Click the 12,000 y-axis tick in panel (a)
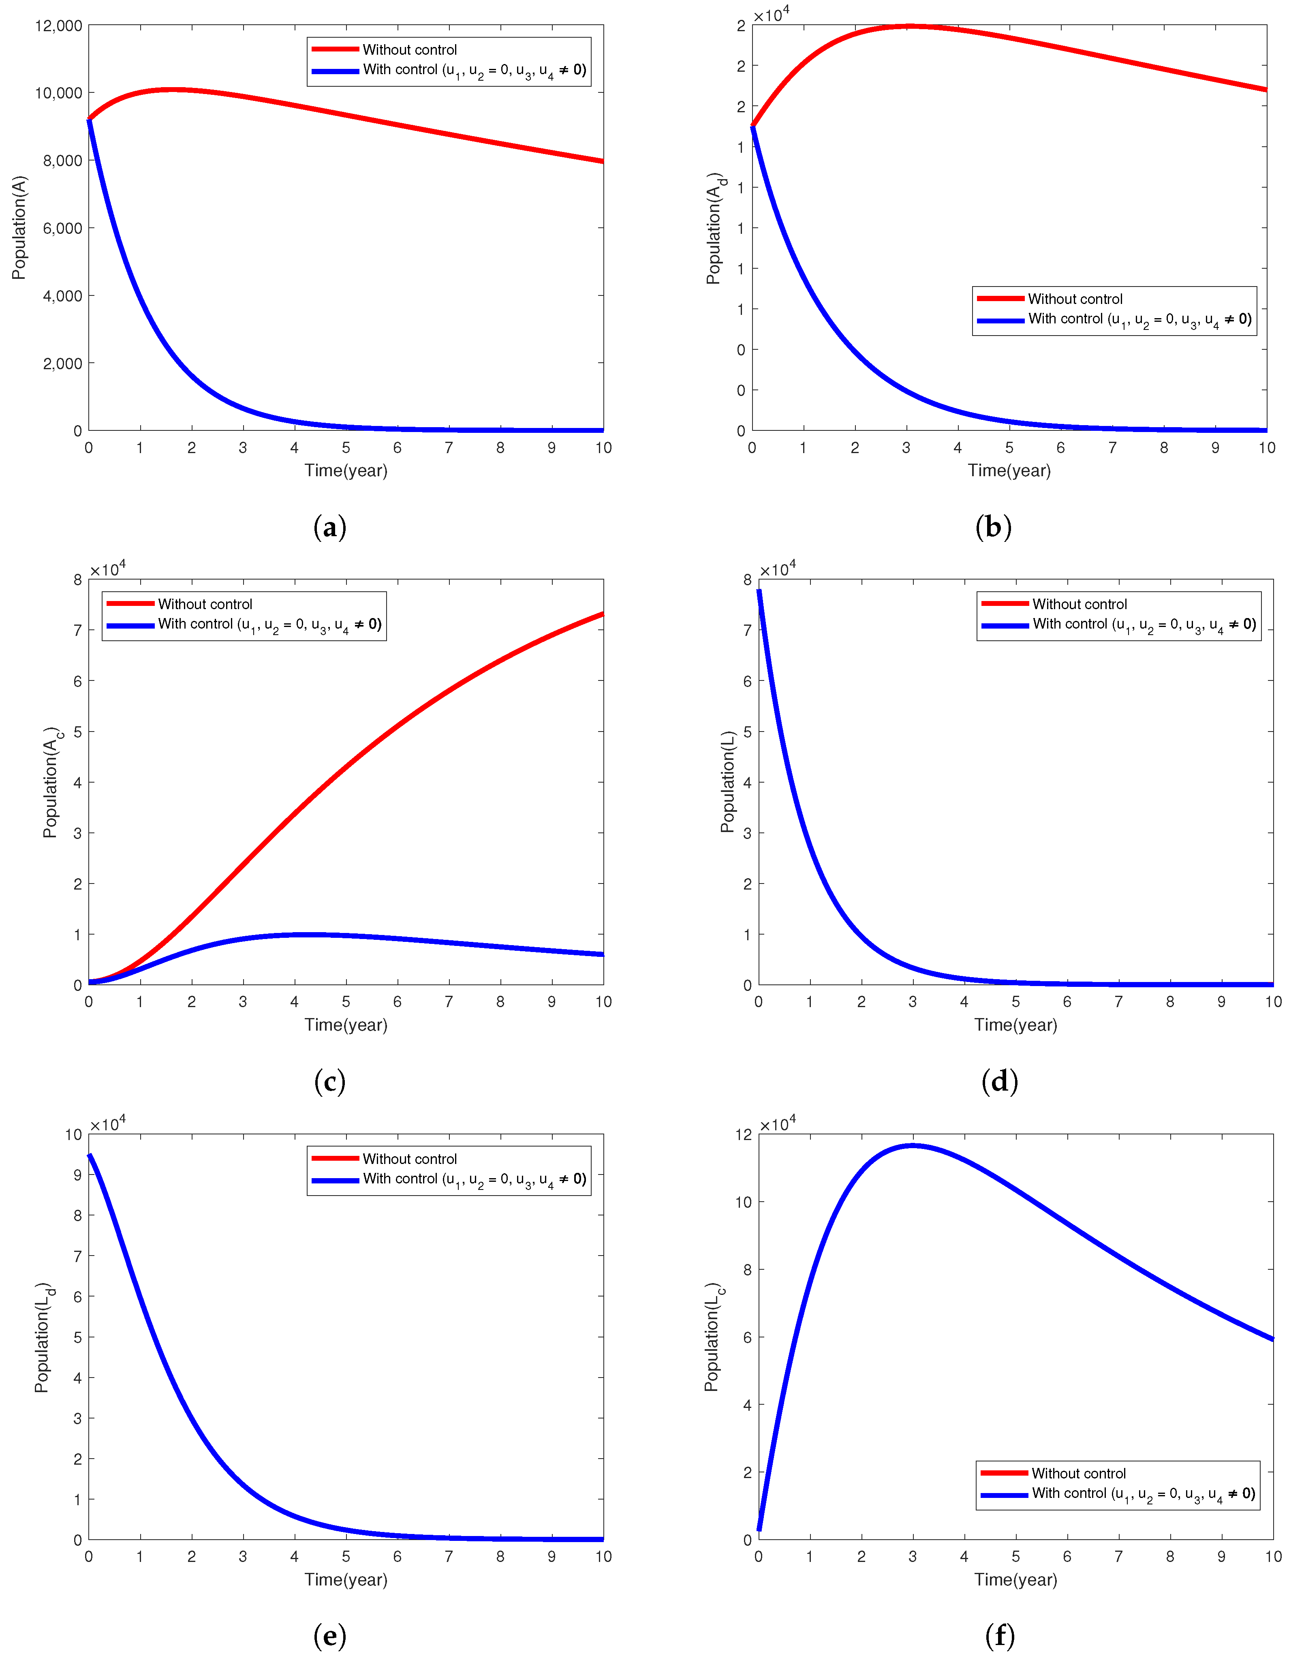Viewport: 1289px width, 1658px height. pos(58,26)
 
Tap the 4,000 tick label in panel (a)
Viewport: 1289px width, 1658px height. pos(62,296)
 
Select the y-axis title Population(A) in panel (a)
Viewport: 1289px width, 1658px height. pos(19,228)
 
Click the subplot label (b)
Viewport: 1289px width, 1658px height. pos(993,527)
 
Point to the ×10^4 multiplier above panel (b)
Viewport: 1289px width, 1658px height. pos(771,15)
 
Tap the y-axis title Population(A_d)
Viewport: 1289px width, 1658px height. pos(715,228)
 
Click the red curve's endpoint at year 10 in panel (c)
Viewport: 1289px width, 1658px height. pos(603,614)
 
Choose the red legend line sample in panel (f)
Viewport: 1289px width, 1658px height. pos(1004,1473)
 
